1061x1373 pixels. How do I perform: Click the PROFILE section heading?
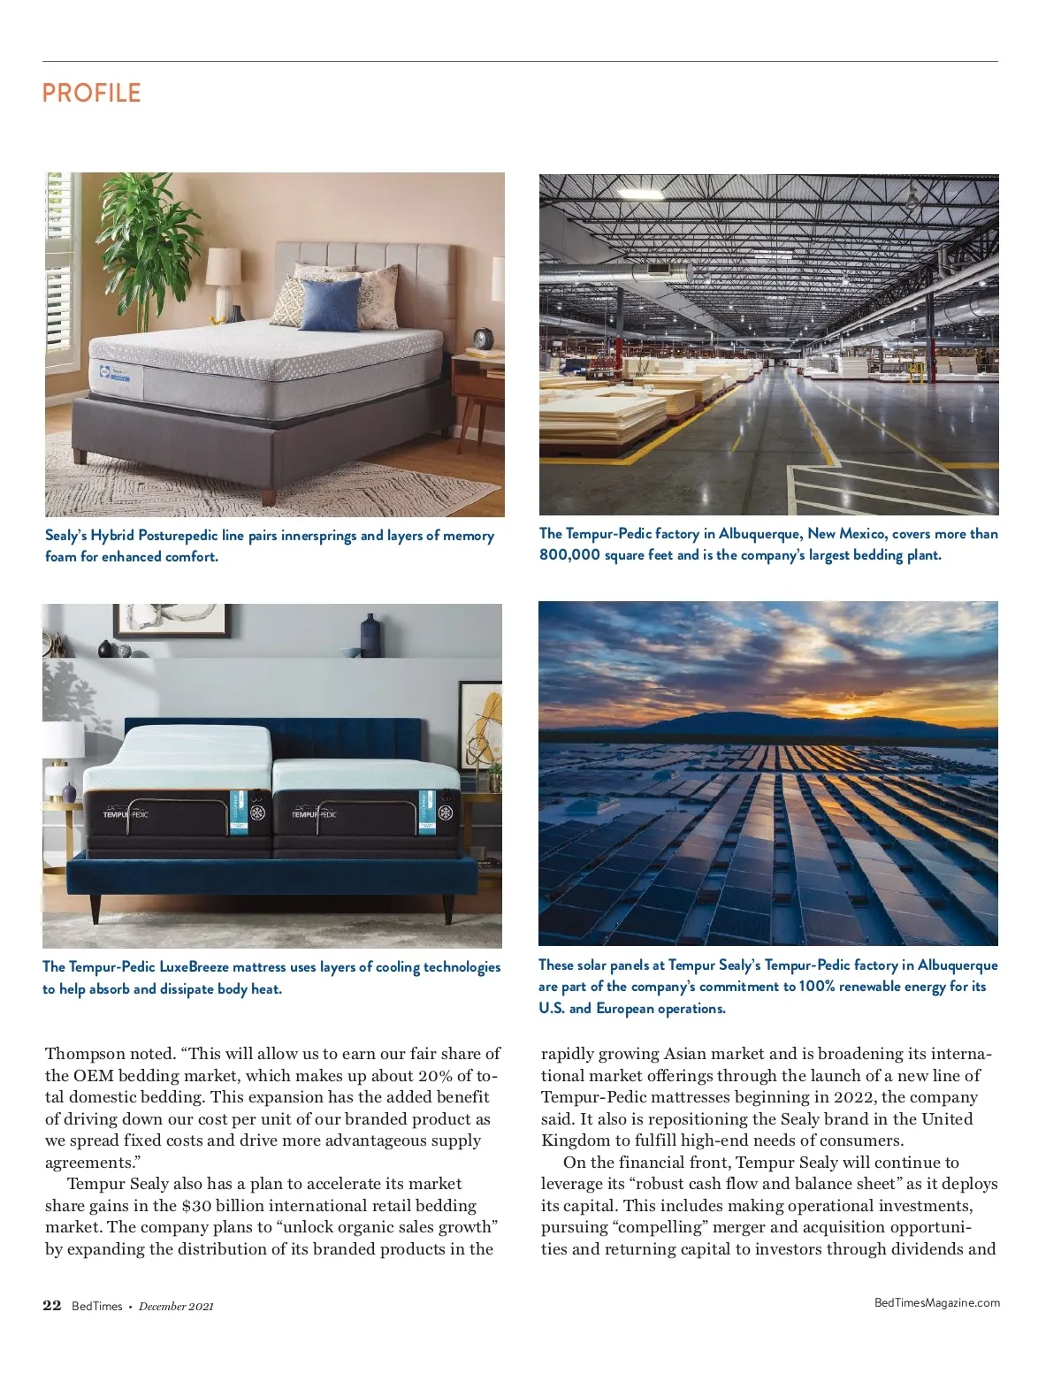tap(91, 93)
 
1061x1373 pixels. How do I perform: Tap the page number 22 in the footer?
tap(52, 1306)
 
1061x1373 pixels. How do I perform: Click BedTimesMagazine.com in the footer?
tap(936, 1302)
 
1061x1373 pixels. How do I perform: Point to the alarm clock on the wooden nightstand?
tap(482, 339)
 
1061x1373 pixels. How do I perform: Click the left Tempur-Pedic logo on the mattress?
tap(125, 813)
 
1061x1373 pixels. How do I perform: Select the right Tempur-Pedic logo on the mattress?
tap(314, 813)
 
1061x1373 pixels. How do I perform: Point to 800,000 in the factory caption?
tap(569, 555)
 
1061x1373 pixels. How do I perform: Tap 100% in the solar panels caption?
tap(816, 987)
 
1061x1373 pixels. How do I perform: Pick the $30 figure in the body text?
tap(195, 1206)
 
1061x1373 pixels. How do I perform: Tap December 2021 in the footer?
tap(176, 1307)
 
